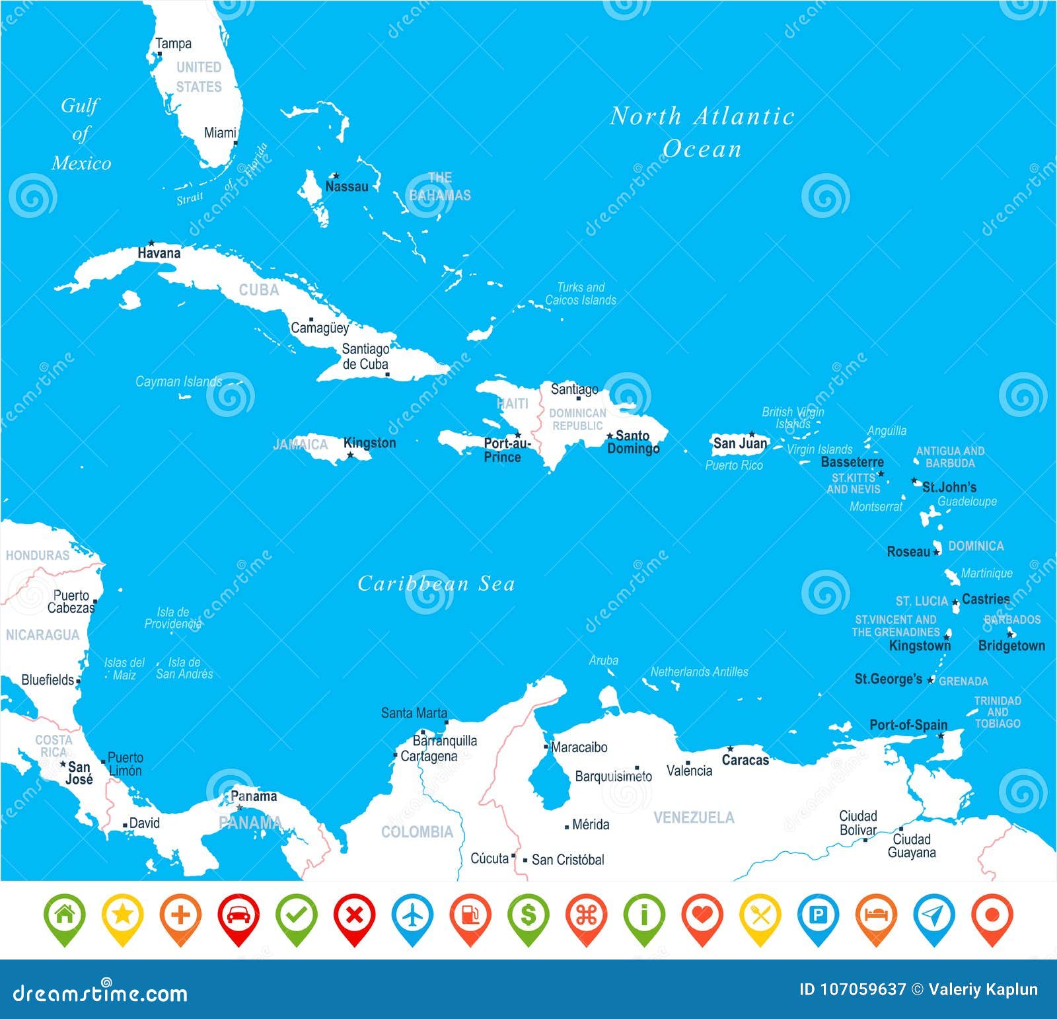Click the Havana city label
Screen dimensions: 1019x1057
coord(159,253)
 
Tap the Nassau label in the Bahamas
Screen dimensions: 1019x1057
coord(346,186)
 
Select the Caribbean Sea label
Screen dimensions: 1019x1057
coord(436,584)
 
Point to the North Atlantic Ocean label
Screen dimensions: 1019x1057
coord(702,132)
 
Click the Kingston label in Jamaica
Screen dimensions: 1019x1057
coord(369,443)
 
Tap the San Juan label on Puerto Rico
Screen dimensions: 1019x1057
coord(740,443)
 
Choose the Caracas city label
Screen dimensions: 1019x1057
coord(745,760)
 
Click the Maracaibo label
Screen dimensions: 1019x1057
coord(579,747)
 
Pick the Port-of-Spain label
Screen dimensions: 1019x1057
coord(908,725)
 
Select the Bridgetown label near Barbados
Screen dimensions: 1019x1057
coord(1011,646)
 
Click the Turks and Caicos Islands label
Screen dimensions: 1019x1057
coord(580,293)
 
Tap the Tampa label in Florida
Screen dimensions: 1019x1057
coord(173,44)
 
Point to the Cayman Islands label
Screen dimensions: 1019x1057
coord(178,381)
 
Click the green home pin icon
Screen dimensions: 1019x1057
coord(65,916)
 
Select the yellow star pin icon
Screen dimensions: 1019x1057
coord(123,916)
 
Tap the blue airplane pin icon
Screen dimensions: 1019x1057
coord(412,916)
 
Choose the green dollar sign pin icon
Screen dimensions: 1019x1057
coord(528,916)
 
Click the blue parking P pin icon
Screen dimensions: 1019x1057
coord(818,916)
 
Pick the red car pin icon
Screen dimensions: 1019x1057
coord(238,916)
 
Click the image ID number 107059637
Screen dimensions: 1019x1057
coord(863,989)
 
